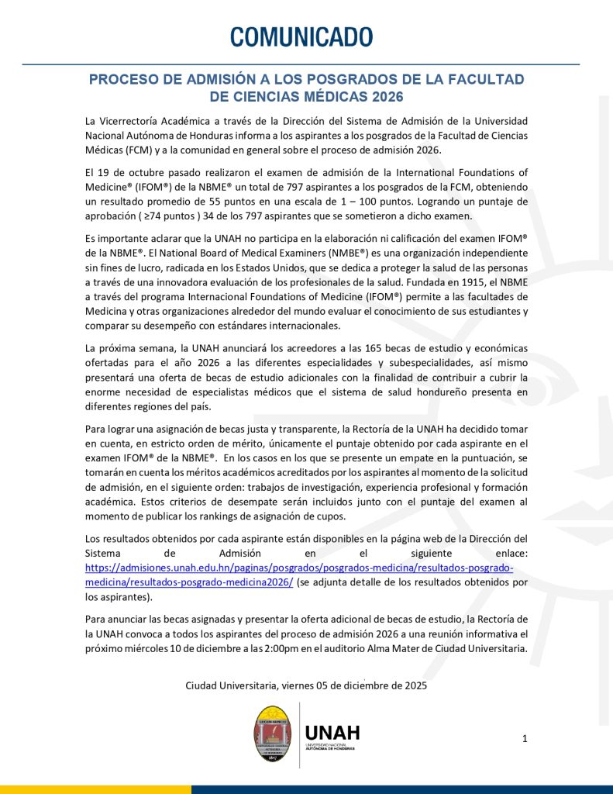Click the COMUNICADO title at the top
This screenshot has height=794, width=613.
pos(301,36)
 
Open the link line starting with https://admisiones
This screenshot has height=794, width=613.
pos(299,568)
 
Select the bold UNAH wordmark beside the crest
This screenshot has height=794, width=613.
pos(332,732)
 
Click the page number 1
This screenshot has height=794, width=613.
pos(525,738)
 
